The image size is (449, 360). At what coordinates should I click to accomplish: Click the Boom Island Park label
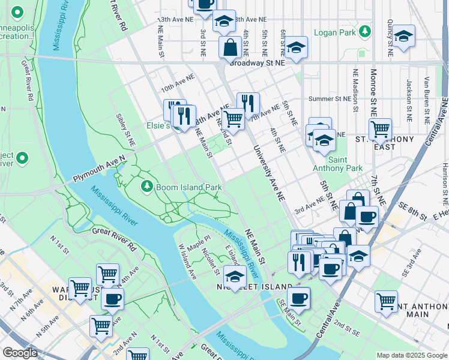189,187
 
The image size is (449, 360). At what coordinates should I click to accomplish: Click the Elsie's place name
160,127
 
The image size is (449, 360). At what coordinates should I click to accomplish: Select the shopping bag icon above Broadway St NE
230,47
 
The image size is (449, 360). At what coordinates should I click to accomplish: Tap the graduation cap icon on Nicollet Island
235,277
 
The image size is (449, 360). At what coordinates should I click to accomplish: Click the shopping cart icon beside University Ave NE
233,118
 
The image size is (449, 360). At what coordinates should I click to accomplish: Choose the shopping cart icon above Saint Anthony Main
386,301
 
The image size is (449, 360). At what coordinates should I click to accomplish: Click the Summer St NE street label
328,99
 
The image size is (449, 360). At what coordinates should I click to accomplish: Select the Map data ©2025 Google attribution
411,355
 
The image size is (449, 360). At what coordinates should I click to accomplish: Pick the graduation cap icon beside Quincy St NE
404,36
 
